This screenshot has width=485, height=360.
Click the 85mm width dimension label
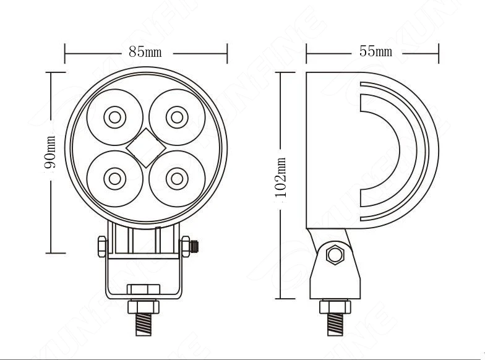(145, 52)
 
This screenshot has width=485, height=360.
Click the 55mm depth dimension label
(376, 51)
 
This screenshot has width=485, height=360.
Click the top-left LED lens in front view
(114, 116)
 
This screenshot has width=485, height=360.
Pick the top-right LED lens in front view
(177, 116)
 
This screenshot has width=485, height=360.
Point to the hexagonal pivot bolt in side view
(336, 254)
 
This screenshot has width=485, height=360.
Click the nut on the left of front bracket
(102, 246)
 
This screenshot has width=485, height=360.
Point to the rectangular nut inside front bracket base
(144, 289)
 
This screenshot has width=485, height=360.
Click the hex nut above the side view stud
(335, 306)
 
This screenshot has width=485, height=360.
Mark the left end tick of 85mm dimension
(65, 53)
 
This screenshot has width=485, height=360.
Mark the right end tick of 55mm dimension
(439, 53)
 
